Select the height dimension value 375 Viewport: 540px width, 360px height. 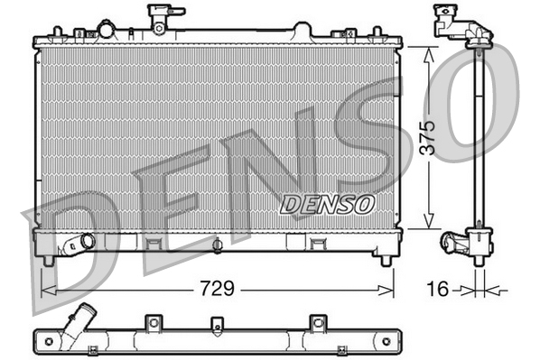431,136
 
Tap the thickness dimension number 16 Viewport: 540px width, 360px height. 436,290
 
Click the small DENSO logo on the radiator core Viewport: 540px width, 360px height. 327,204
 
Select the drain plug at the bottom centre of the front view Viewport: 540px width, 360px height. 218,245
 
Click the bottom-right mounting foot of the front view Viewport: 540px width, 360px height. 386,260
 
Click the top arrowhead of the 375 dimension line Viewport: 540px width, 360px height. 431,53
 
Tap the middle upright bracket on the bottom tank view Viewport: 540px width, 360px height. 215,324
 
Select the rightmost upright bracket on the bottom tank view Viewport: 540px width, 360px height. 315,322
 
